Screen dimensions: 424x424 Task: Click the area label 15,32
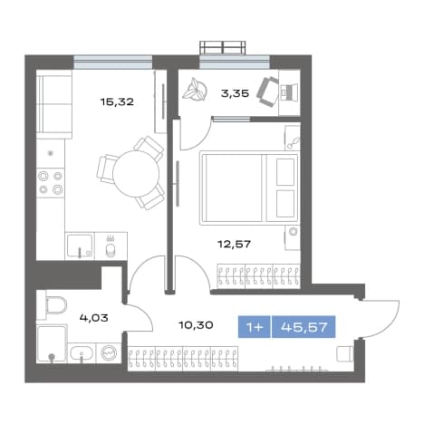(117, 102)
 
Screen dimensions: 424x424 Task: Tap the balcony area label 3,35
(235, 93)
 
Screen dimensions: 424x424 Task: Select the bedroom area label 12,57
(235, 244)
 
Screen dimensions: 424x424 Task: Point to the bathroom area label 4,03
(94, 318)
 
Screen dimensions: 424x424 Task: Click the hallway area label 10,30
(196, 325)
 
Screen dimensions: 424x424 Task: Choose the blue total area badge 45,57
(304, 327)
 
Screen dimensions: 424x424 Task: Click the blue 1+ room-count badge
(255, 327)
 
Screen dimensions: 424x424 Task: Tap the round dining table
(136, 174)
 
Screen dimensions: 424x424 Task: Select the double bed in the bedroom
(249, 188)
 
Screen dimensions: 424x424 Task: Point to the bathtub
(52, 344)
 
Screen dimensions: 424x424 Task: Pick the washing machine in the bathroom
(109, 352)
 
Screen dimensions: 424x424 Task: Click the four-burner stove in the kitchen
(51, 183)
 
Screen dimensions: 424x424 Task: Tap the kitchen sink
(80, 246)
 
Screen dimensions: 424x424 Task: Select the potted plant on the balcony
(195, 89)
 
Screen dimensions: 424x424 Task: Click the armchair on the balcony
(267, 92)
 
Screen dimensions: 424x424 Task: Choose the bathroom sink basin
(82, 353)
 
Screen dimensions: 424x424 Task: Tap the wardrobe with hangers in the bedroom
(258, 275)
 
